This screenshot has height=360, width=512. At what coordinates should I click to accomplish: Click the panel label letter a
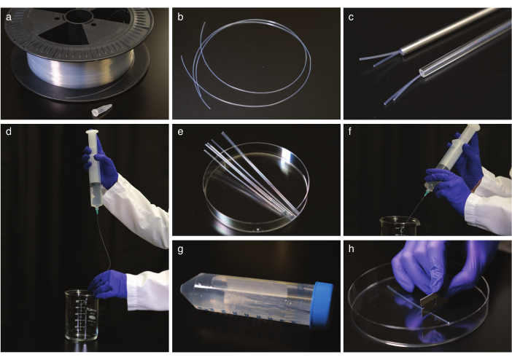point(9,17)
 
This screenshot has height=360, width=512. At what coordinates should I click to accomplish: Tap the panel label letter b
point(180,17)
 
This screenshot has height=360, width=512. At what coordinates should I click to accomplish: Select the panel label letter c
point(351,17)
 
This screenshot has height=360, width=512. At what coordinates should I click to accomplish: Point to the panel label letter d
point(9,131)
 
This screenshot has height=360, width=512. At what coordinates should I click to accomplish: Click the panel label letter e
point(180,132)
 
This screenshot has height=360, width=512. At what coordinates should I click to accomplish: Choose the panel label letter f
point(350,132)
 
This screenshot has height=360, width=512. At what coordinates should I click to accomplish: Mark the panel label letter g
point(180,250)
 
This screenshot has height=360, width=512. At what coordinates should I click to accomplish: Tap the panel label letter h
point(351,249)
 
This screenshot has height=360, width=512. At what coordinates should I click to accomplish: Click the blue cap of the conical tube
point(322,305)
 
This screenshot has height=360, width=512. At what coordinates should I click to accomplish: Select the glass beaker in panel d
point(82,316)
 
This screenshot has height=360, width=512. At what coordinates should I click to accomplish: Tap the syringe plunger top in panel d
point(92,132)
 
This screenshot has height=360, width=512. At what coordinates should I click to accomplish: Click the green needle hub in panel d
point(97,211)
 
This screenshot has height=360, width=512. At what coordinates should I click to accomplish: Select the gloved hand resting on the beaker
point(108,284)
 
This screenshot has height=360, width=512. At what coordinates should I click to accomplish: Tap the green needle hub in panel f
point(426,193)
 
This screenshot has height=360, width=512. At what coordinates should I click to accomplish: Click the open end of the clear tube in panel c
point(424,72)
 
